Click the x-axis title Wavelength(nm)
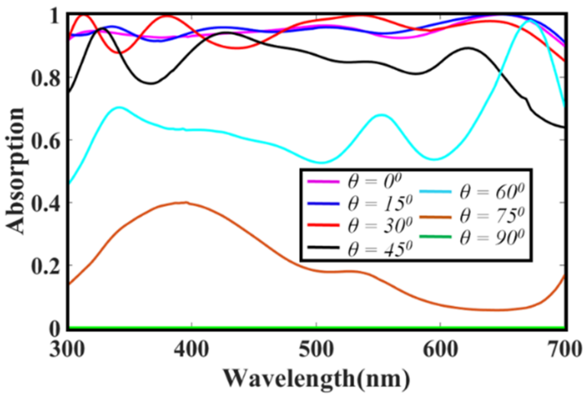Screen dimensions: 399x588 pos(317,379)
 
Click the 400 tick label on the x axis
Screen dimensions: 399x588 pos(192,349)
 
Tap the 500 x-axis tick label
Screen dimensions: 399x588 pos(317,349)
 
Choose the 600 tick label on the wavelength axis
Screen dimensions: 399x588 pos(440,349)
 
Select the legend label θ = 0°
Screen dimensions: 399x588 pos(374,181)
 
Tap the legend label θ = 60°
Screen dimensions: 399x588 pos(492,192)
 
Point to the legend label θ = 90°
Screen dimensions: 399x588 pos(492,237)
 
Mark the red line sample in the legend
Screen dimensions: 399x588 pos(323,226)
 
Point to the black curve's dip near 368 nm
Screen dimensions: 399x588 pos(152,83)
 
